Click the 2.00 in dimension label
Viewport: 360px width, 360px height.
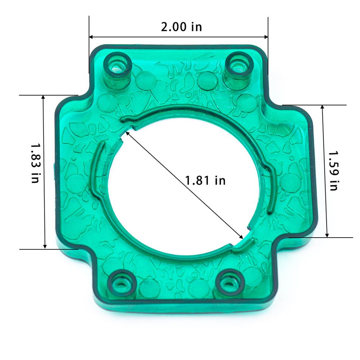pyautogui.click(x=181, y=27)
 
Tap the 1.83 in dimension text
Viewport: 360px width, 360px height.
pyautogui.click(x=35, y=163)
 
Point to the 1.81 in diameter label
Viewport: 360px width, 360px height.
pyautogui.click(x=205, y=180)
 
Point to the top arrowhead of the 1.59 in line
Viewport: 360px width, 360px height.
pyautogui.click(x=323, y=107)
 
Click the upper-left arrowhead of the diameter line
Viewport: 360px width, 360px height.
pyautogui.click(x=127, y=134)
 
